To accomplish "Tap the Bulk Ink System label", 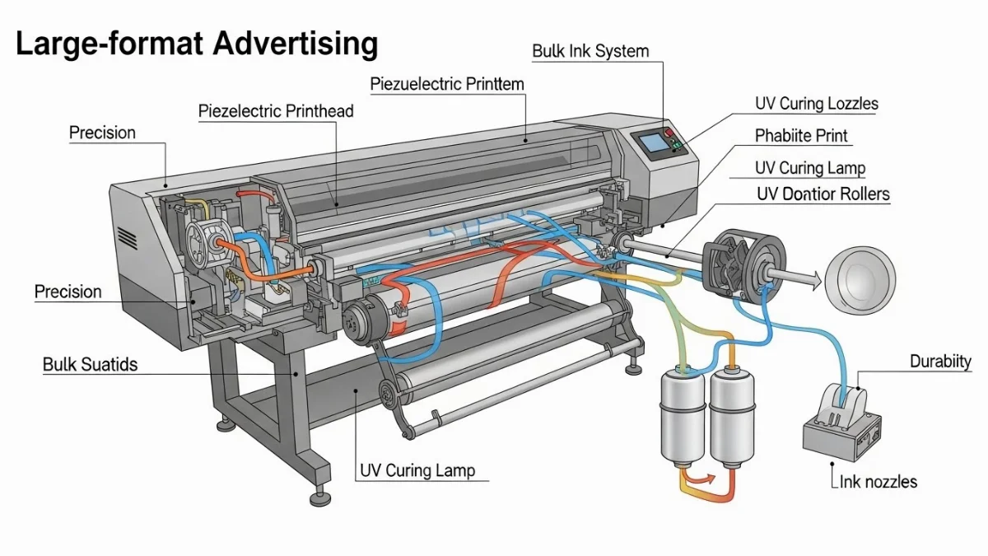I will coord(590,51).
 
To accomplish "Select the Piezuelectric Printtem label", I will coord(447,84).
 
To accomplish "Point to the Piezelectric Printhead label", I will coord(276,111).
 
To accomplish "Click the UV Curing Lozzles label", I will coord(816,104).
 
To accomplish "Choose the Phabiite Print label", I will coord(801,136).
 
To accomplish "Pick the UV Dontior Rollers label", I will coord(823,194).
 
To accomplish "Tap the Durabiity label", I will coord(940,362).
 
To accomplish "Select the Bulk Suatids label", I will coord(90,364).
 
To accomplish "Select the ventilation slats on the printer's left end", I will coord(127,239).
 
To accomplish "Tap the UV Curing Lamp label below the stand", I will coord(417,471).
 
